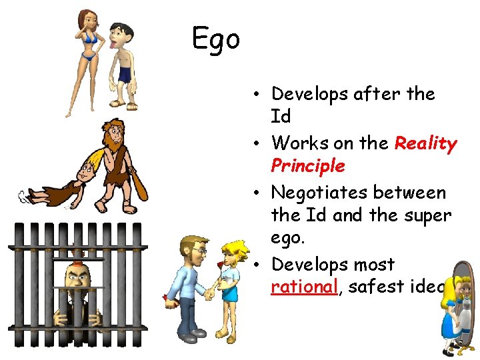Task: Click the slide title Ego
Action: click(x=215, y=39)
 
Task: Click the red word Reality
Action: click(x=425, y=143)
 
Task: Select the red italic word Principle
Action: click(x=307, y=165)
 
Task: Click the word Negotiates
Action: click(x=321, y=193)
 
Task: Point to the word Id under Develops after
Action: click(x=281, y=117)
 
